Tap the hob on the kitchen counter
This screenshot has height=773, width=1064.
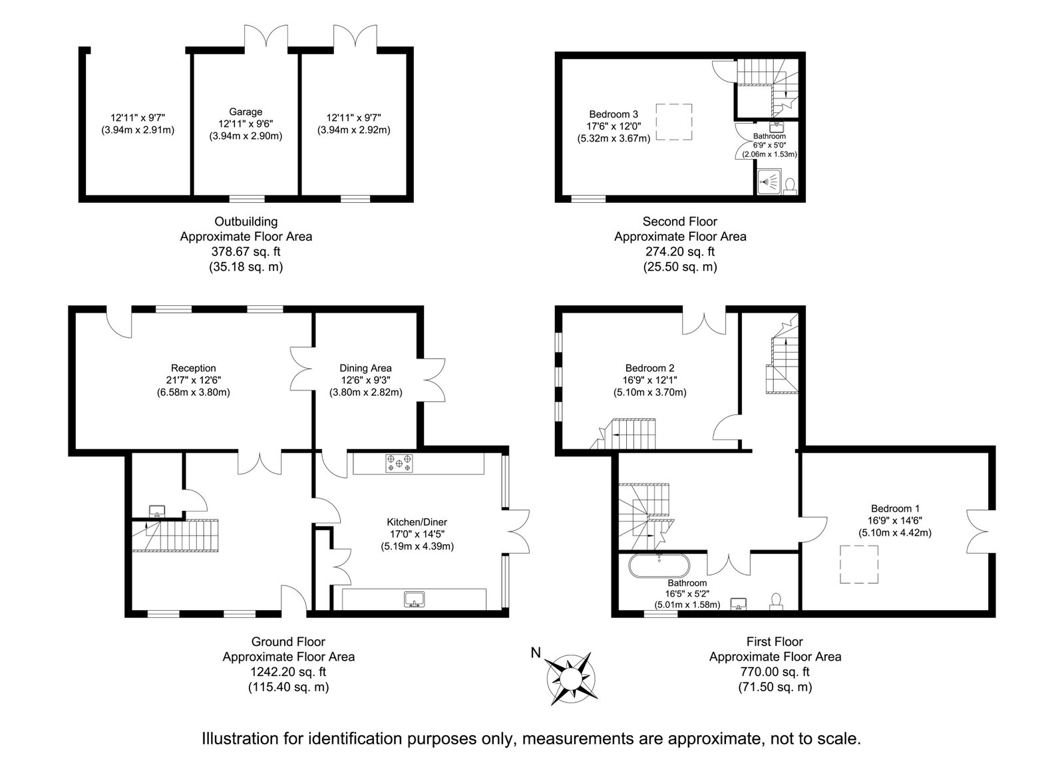[399, 462]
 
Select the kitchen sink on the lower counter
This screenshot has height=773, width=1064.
[415, 599]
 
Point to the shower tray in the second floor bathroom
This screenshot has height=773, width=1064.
[769, 182]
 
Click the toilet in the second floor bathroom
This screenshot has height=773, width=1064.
[791, 186]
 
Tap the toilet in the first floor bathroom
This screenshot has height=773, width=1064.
[776, 601]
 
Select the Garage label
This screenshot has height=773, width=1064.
[246, 112]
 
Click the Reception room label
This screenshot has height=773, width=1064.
[194, 368]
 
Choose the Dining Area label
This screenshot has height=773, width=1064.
[365, 368]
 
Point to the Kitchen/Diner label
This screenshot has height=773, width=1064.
[417, 522]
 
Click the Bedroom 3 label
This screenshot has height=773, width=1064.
[614, 114]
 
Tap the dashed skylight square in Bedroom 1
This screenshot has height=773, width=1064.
[859, 564]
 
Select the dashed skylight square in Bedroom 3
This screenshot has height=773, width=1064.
[674, 122]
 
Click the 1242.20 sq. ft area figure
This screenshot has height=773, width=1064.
[288, 672]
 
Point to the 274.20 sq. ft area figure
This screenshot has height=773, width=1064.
[680, 251]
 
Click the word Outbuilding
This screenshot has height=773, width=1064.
[246, 222]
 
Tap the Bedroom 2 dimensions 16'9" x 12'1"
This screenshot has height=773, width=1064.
[650, 380]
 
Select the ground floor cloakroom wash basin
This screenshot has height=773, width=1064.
[157, 511]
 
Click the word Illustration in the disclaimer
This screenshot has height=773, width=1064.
[240, 738]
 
